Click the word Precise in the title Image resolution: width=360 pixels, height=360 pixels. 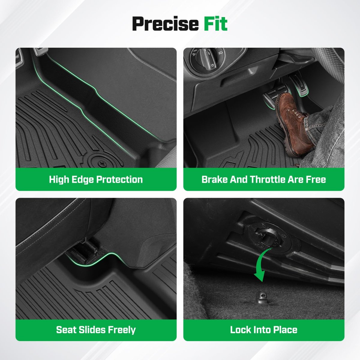pos(165,24)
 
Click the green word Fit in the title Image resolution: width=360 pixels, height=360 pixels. pos(216,23)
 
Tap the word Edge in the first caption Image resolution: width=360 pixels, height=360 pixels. pos(83,180)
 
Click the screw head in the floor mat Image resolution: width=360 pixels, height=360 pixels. pos(101,164)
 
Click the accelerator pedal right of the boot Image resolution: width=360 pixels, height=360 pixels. pos(298,85)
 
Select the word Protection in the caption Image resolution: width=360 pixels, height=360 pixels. pos(120,180)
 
